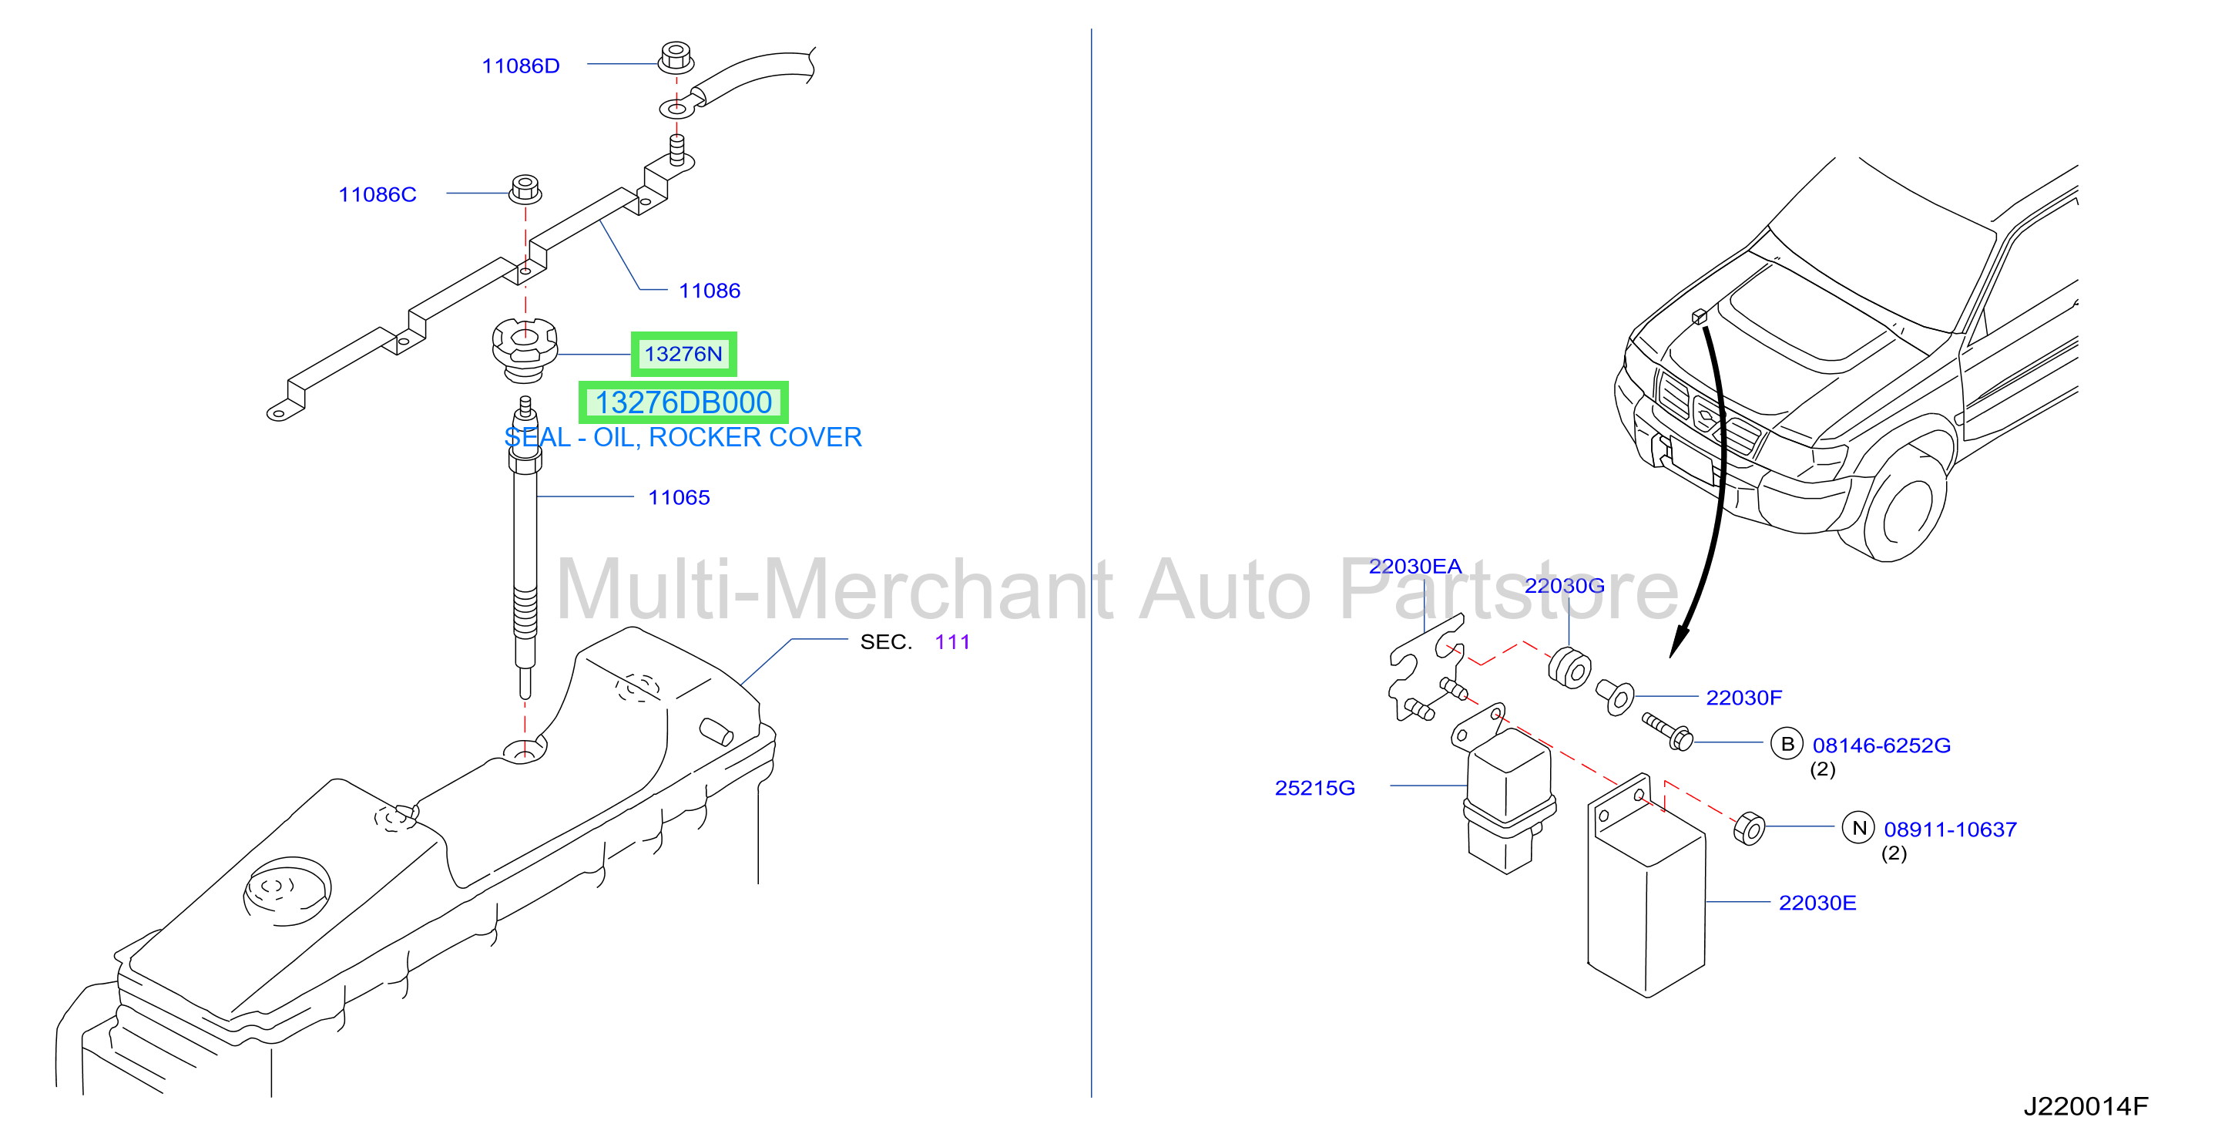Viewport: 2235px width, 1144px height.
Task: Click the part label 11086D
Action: click(521, 66)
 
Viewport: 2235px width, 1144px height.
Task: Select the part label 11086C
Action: click(378, 194)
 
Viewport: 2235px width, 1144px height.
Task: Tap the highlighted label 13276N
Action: click(683, 354)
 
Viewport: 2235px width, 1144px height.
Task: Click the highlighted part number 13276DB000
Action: click(683, 402)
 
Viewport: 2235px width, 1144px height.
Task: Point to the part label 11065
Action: click(680, 497)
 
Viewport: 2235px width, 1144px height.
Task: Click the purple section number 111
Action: click(953, 642)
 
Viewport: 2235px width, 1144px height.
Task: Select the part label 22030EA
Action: click(1415, 567)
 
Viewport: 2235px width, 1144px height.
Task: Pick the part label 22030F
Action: click(1744, 698)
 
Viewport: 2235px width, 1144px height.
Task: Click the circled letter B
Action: click(1787, 744)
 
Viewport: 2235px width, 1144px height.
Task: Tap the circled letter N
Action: click(1858, 828)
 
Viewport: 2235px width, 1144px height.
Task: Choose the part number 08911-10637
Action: click(1951, 829)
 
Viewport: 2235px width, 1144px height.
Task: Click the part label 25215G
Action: click(1314, 788)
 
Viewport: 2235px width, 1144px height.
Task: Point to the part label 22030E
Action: click(1817, 903)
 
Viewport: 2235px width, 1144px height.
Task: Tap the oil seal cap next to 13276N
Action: click(525, 350)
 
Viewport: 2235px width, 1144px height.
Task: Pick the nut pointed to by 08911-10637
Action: click(1749, 828)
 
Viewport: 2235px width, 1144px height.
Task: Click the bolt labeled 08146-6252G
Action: click(1666, 730)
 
